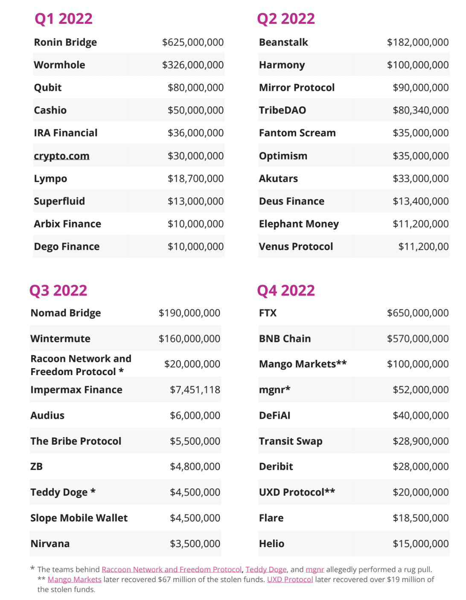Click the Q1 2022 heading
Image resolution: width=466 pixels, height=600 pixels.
pyautogui.click(x=63, y=19)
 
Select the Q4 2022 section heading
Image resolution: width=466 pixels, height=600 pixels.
pyautogui.click(x=285, y=291)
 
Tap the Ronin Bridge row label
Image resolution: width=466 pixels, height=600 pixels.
pyautogui.click(x=65, y=42)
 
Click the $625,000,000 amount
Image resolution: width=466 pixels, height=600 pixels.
pyautogui.click(x=192, y=42)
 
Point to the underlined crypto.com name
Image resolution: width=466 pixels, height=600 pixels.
pyautogui.click(x=61, y=156)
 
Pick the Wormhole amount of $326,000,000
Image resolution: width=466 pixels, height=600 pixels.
pyautogui.click(x=192, y=65)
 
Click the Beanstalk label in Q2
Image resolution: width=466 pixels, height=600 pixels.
pyautogui.click(x=283, y=42)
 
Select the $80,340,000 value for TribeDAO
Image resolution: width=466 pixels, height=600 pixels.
pyautogui.click(x=420, y=110)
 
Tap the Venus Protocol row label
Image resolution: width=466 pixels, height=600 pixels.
pyautogui.click(x=296, y=247)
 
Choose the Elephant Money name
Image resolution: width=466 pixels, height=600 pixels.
pyautogui.click(x=299, y=224)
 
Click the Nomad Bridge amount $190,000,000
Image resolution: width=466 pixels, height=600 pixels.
pyautogui.click(x=189, y=313)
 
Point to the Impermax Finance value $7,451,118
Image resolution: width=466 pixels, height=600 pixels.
pyautogui.click(x=195, y=390)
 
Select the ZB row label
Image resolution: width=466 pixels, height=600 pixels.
pyautogui.click(x=37, y=467)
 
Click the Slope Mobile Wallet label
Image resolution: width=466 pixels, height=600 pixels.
pyautogui.click(x=79, y=518)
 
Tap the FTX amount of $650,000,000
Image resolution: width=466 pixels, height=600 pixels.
pyautogui.click(x=417, y=313)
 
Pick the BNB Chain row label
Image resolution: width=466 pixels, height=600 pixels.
pyautogui.click(x=285, y=339)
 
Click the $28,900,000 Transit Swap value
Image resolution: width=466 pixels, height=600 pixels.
pyautogui.click(x=420, y=441)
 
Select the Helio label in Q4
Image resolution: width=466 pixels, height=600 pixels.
pyautogui.click(x=271, y=544)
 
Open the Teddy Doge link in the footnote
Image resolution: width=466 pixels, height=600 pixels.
pyautogui.click(x=266, y=570)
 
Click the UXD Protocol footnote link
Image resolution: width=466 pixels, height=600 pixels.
pyautogui.click(x=290, y=580)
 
